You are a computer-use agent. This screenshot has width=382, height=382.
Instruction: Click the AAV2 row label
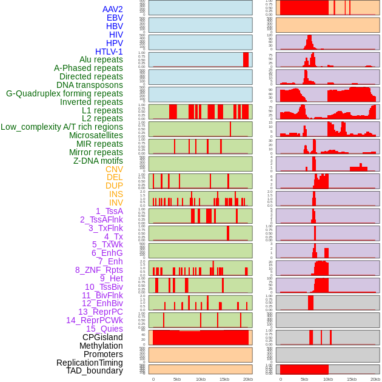pos(112,9)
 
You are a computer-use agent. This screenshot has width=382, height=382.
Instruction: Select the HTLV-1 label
pos(109,52)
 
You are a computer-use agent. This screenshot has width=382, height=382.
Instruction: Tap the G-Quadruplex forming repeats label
pos(64,93)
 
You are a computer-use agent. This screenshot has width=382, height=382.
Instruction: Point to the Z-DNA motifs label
pos(98,161)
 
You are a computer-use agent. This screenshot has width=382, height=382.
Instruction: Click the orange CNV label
pos(114,169)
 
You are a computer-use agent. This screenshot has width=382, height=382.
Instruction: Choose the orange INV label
pos(116,203)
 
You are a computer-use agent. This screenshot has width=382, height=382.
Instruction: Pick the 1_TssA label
pos(109,211)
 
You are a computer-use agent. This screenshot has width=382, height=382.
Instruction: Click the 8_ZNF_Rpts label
pos(99,270)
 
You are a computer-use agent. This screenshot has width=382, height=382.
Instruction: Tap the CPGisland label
pos(102,337)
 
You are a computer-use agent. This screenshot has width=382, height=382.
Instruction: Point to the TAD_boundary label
pos(94,370)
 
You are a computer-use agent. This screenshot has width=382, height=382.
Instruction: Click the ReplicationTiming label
pos(89,363)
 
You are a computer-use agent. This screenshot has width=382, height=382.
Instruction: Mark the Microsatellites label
pos(96,135)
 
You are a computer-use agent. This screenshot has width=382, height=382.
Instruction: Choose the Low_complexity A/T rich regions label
pos(62,127)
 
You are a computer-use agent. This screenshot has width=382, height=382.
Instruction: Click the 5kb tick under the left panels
pos(177,379)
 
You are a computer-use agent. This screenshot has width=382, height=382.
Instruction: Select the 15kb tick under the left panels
pos(224,379)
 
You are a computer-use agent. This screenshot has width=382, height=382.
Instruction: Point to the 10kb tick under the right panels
pos(328,379)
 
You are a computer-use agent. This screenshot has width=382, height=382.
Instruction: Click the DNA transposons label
pos(90,85)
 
